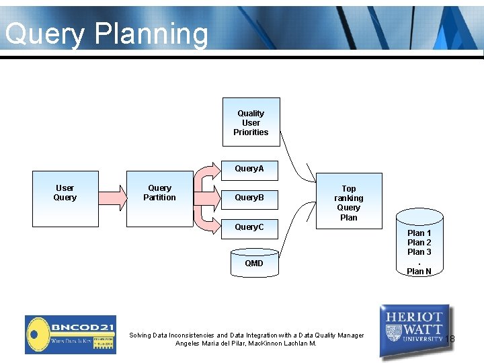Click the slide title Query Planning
106,34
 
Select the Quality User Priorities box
251,122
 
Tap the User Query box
65,197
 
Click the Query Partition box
159,197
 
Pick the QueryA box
249,169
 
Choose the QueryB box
249,198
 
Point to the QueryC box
249,227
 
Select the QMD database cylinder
254,263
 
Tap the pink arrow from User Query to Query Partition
112,197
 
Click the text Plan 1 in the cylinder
419,233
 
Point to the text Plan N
419,272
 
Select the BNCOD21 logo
70,334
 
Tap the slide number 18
450,339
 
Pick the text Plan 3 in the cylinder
419,252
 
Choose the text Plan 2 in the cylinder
419,243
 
